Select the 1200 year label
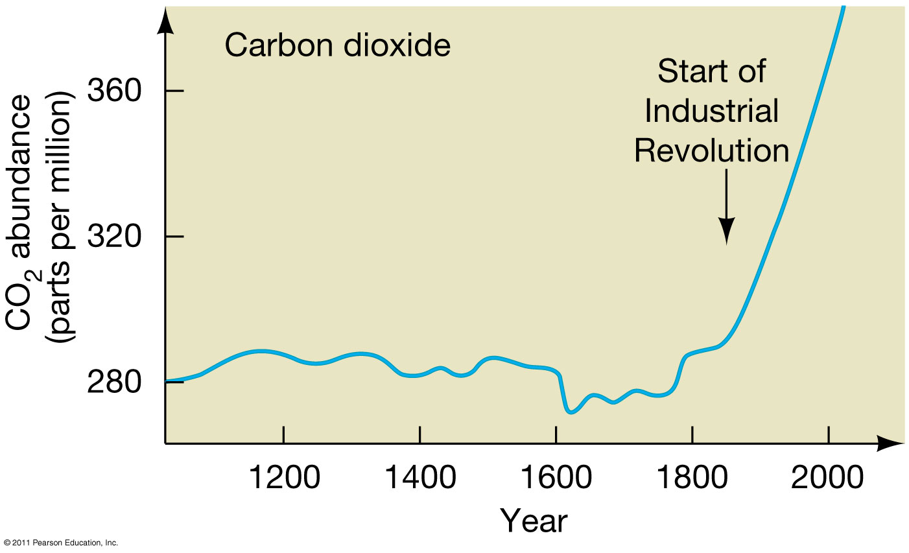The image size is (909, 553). (x=284, y=478)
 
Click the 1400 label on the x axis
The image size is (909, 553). (x=420, y=478)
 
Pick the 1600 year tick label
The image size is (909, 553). (x=556, y=478)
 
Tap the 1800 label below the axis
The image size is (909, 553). (x=692, y=478)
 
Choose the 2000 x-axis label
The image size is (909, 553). (x=828, y=478)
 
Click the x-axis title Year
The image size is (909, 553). (x=534, y=521)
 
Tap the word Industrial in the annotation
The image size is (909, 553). (x=711, y=111)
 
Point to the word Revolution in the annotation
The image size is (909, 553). (x=711, y=150)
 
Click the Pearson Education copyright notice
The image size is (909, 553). (x=60, y=542)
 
